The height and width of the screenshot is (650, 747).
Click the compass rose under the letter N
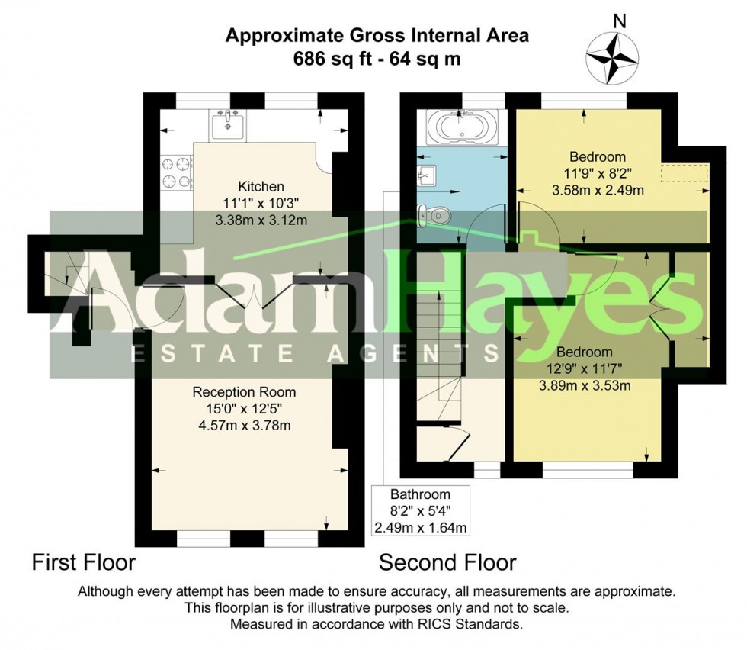coord(611,58)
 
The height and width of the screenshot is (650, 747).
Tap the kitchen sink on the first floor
coord(228,125)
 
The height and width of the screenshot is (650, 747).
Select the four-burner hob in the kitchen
coord(176,172)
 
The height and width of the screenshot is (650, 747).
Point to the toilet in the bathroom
coord(434,216)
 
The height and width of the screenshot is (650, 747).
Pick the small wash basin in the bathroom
coord(426,176)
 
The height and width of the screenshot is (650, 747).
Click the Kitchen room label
coord(261,186)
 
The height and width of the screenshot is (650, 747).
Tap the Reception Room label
coord(244,392)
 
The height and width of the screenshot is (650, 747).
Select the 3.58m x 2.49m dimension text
coord(598,191)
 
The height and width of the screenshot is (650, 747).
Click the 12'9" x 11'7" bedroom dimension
coord(585,368)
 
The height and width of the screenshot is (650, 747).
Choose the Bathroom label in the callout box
coord(420,494)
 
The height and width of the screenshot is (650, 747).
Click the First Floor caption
coord(83,562)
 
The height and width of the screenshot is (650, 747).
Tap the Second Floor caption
coord(447,562)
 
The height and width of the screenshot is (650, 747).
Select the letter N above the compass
coord(619,21)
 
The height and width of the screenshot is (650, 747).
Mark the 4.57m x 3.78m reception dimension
coord(245,426)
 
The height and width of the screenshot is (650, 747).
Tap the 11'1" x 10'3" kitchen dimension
coord(261,204)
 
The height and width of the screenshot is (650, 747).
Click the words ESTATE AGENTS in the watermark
coord(314,353)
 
